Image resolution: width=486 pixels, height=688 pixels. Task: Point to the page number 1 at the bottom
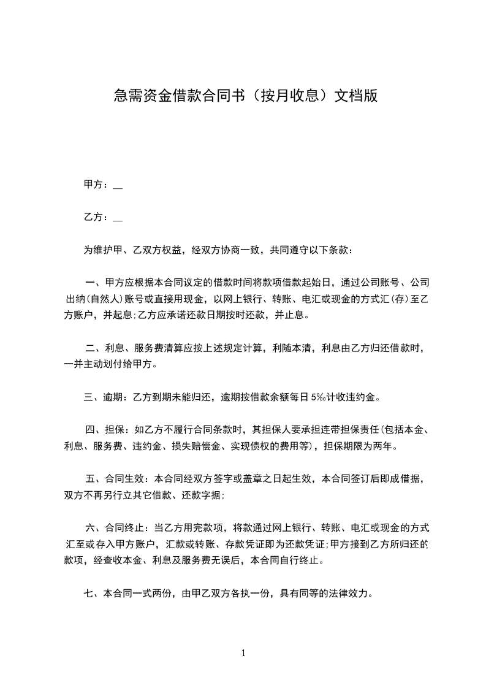point(243,652)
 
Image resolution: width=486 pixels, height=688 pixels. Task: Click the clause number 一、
point(94,283)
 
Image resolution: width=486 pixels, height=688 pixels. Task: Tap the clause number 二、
point(94,348)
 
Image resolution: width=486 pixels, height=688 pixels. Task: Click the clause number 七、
point(92,594)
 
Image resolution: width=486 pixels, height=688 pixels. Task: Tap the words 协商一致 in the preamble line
point(241,250)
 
